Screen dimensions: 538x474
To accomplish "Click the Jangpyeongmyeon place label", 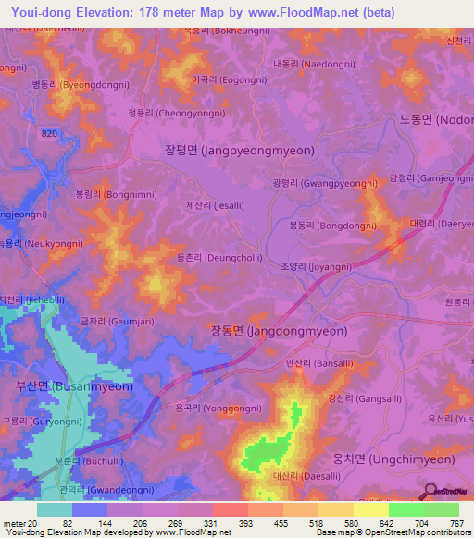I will [x=239, y=150].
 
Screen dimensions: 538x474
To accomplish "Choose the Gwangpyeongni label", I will [x=325, y=184].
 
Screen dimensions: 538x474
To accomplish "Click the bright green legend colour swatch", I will [x=405, y=509].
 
